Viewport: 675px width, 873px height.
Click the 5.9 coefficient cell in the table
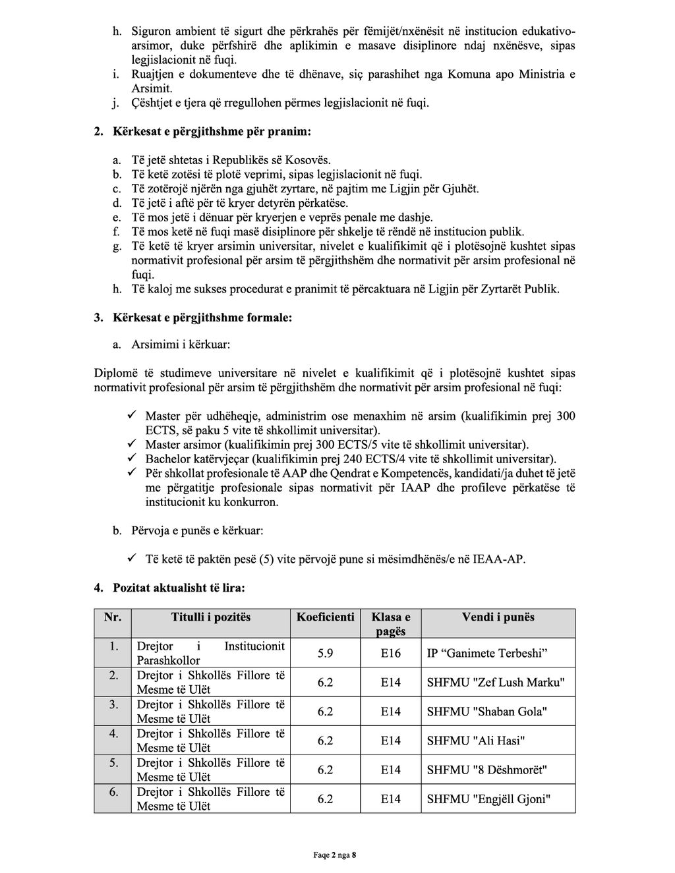pos(325,654)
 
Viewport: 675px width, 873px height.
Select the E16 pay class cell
pos(390,654)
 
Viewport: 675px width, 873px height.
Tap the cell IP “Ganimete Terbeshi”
pos(488,654)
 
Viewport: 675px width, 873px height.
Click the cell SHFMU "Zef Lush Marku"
pos(496,683)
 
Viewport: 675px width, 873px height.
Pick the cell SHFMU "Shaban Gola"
pos(487,712)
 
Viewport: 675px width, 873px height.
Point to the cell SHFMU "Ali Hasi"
pos(476,741)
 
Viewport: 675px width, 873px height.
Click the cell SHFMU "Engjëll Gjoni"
pos(488,799)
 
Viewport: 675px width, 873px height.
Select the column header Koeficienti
pos(325,617)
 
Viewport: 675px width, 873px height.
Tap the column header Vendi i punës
pos(498,617)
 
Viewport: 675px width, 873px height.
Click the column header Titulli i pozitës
pos(211,617)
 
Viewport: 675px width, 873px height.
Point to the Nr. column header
pos(113,617)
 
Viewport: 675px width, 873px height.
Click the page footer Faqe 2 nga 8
pos(334,855)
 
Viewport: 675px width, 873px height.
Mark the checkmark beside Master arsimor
pos(132,445)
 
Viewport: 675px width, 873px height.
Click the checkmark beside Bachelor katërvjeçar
pos(132,459)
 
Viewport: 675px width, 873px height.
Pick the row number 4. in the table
pos(113,733)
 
